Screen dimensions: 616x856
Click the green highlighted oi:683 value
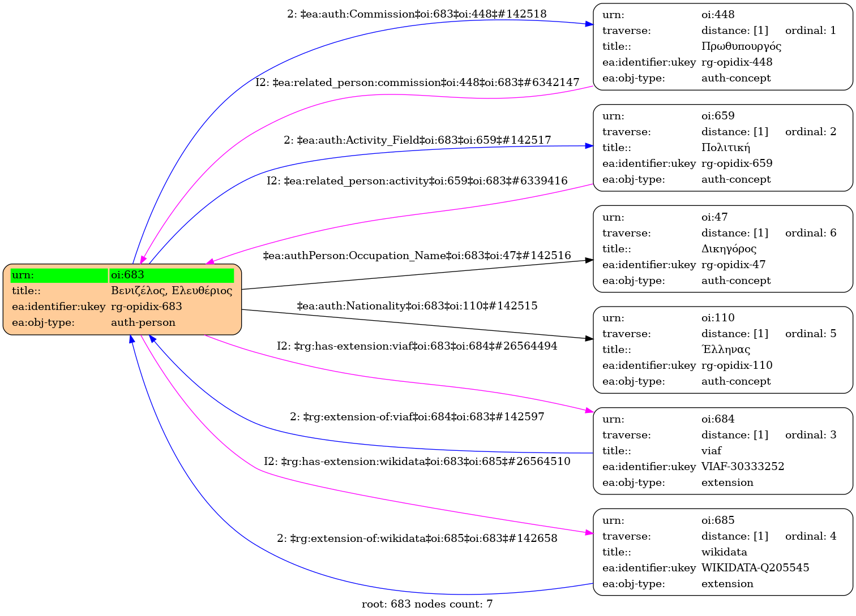click(x=172, y=275)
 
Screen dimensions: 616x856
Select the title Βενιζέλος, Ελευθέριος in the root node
click(x=172, y=291)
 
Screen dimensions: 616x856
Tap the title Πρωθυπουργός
click(x=741, y=46)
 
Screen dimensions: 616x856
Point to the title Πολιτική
click(x=725, y=148)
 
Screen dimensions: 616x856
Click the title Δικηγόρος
click(x=729, y=249)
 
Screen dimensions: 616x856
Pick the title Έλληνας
click(x=725, y=350)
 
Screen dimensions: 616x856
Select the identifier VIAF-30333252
click(x=743, y=467)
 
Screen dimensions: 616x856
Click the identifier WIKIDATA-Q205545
click(x=755, y=568)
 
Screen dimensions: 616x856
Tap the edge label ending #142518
click(x=417, y=14)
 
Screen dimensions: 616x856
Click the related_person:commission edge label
click(x=417, y=83)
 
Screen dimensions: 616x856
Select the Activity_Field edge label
click(x=417, y=140)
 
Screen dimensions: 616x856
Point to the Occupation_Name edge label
click(x=417, y=256)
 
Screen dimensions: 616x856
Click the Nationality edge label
click(x=417, y=306)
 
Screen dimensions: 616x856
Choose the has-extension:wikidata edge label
click(x=417, y=462)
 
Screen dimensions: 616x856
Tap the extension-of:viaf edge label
click(x=417, y=417)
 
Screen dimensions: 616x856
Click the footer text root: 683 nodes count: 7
click(x=427, y=604)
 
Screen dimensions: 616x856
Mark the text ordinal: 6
click(x=810, y=233)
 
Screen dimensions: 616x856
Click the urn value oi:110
click(x=718, y=318)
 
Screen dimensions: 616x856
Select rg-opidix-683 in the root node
click(x=147, y=307)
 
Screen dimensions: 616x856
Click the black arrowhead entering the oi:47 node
click(x=589, y=260)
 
